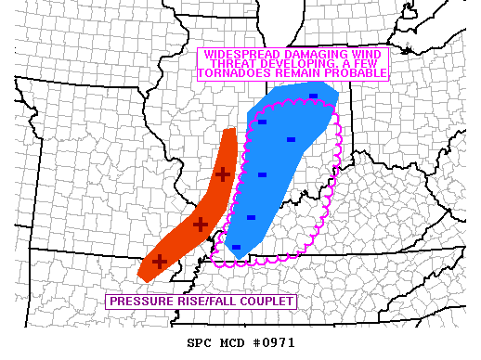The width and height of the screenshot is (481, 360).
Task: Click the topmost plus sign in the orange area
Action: point(222,174)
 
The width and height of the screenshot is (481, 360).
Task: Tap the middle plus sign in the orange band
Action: point(200,224)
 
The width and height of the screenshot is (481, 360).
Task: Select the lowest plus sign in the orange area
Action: point(159,262)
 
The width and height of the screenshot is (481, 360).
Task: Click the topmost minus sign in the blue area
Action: point(313,96)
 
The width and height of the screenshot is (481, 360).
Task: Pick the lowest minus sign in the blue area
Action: point(236,248)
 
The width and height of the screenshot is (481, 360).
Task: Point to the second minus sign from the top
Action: point(262,122)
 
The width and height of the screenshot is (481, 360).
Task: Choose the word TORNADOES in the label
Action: point(235,72)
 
